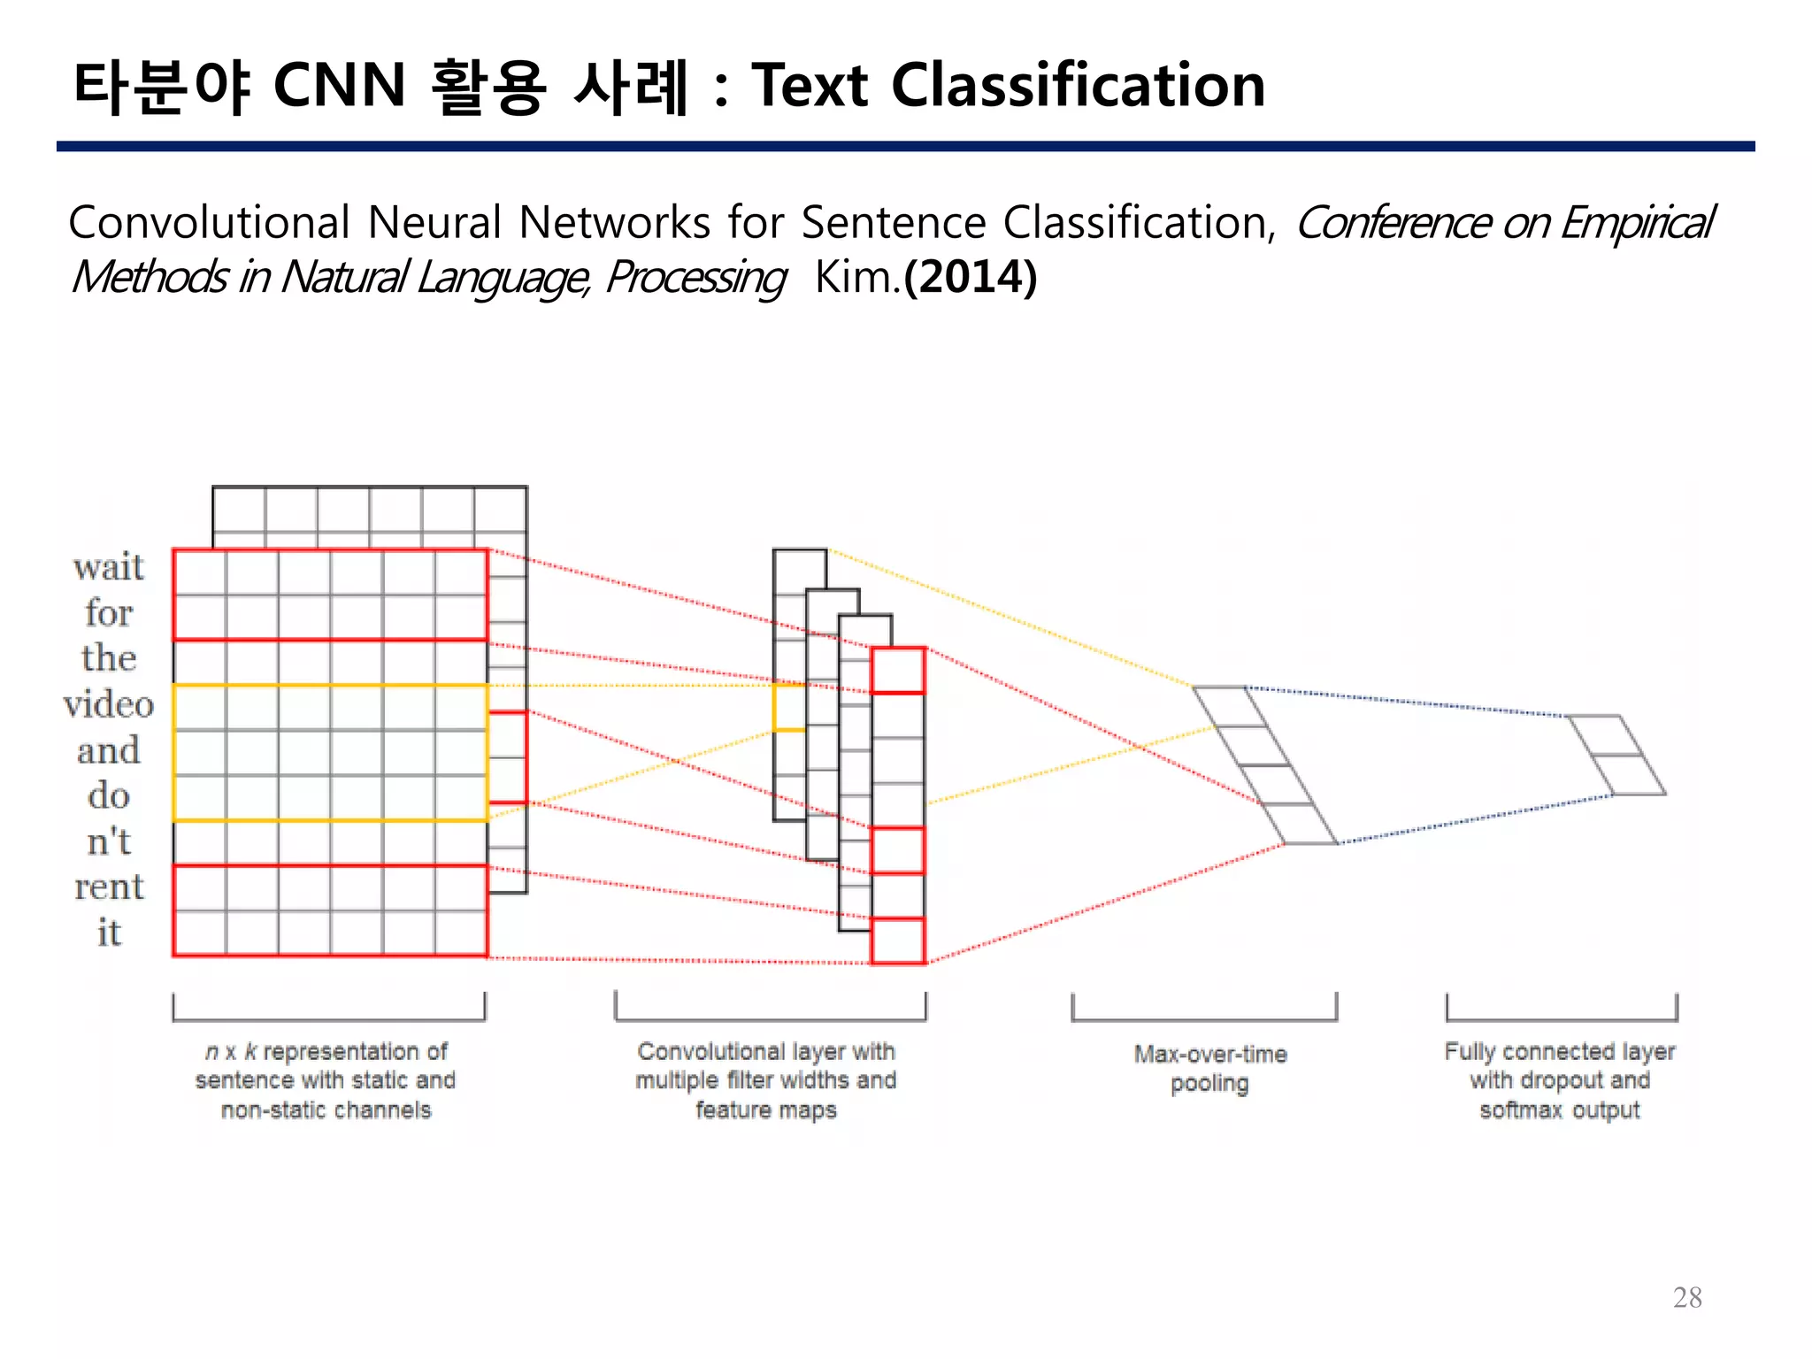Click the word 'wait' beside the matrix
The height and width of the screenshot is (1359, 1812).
(109, 567)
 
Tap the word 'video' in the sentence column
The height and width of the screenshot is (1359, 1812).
(109, 704)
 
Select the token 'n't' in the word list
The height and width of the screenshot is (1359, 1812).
(109, 841)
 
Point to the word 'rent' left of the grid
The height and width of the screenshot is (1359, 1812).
(109, 887)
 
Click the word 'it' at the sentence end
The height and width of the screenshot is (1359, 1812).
(109, 933)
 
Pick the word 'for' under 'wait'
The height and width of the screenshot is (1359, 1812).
(109, 612)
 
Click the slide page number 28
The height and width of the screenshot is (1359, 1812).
(1687, 1297)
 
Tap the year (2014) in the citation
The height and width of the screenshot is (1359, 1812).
(971, 277)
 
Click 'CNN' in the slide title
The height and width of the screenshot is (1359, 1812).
(339, 86)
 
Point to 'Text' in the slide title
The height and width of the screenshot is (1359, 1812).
(810, 86)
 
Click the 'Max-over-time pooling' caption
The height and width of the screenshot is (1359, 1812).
(1209, 1068)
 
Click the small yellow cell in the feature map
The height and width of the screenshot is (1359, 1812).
(789, 708)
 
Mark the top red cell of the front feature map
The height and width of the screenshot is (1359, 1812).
(898, 671)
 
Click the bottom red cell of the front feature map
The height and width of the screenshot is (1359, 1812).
(898, 941)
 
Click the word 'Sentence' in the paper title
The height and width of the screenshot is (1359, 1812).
(894, 222)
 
